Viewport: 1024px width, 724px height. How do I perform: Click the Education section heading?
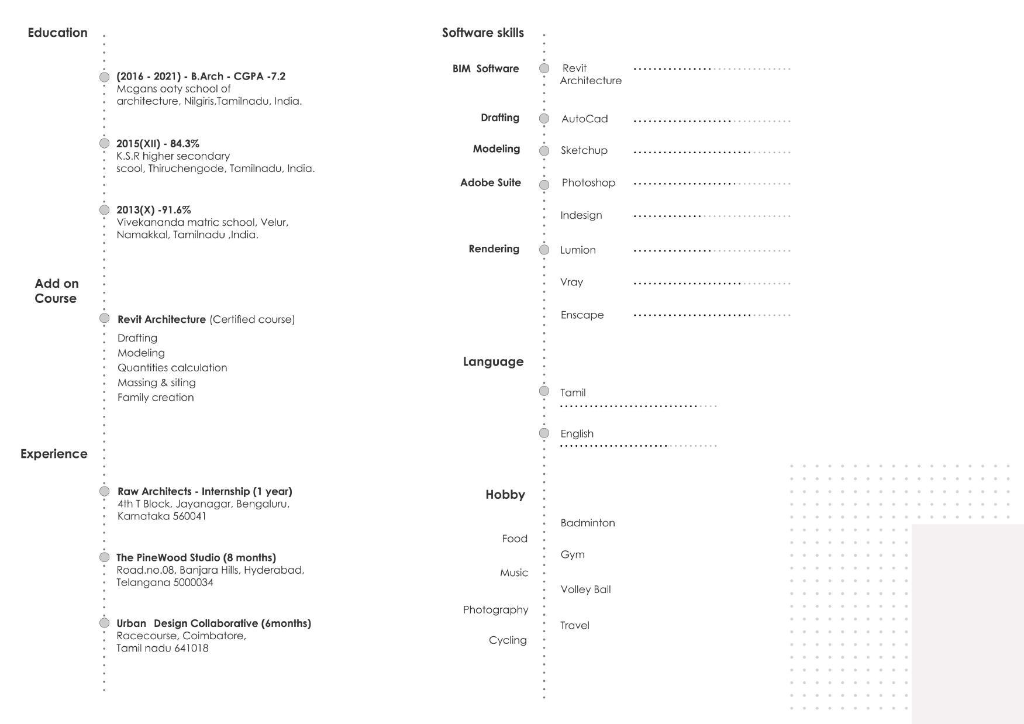[x=57, y=33]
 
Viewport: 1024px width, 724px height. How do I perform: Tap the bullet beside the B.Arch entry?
[x=104, y=77]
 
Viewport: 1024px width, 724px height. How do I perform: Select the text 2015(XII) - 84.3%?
[x=157, y=143]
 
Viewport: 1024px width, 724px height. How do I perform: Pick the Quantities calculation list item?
[x=172, y=368]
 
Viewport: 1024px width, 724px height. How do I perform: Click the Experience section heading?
[x=54, y=454]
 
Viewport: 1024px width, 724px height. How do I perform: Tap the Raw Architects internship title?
[x=205, y=491]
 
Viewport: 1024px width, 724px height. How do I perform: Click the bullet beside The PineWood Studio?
[x=104, y=557]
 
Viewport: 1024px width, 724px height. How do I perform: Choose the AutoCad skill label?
[x=584, y=119]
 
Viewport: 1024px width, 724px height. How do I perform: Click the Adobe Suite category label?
[x=490, y=182]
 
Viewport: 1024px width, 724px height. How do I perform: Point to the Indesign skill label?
[x=581, y=215]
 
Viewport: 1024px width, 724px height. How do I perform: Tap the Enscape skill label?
[x=582, y=315]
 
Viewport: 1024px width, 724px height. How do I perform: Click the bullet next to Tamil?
[x=544, y=391]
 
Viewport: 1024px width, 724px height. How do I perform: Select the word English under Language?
[x=577, y=433]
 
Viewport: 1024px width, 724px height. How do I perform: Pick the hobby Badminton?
[x=587, y=523]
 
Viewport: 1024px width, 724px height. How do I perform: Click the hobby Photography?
[x=495, y=609]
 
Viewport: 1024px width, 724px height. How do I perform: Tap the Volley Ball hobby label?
[x=585, y=589]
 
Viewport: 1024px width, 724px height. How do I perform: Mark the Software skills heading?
[x=482, y=33]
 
